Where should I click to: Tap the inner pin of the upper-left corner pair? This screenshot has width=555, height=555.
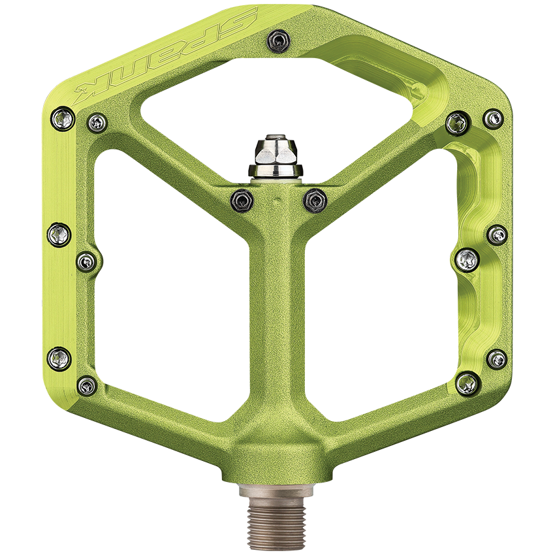(97, 121)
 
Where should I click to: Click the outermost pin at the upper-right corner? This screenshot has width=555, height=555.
(494, 118)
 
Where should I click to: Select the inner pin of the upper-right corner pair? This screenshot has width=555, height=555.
(456, 121)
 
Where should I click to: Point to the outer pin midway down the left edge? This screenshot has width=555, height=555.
(59, 234)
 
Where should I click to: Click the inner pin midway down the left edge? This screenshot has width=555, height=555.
(87, 262)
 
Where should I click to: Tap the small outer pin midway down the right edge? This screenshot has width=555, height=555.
(497, 234)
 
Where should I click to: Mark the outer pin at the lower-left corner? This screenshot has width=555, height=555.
(59, 357)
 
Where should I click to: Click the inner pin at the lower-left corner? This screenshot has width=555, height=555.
(87, 385)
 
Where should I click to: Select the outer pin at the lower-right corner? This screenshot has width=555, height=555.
(497, 358)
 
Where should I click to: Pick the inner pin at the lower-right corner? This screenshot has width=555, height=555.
(468, 382)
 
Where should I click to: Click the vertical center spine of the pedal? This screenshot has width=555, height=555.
(277, 313)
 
